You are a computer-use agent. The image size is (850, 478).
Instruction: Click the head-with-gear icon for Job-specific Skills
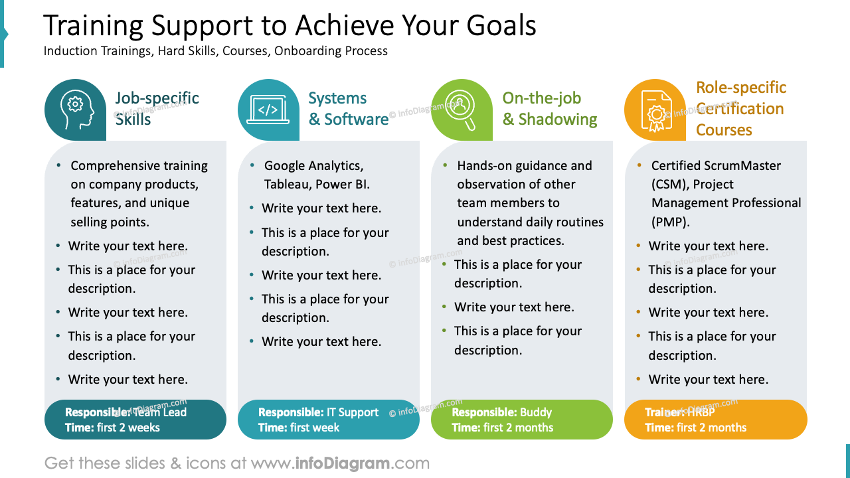(x=75, y=110)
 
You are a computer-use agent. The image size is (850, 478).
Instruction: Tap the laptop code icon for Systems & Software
(x=268, y=110)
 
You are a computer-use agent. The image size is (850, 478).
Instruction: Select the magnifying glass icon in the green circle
(x=461, y=109)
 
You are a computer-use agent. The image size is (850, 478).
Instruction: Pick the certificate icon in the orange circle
(x=654, y=110)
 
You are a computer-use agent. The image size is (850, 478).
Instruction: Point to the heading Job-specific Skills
(x=157, y=108)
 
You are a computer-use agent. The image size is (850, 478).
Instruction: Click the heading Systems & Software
(x=349, y=108)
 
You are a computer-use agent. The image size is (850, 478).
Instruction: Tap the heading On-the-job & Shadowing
(x=550, y=108)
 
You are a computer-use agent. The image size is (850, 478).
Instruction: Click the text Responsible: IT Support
(x=318, y=412)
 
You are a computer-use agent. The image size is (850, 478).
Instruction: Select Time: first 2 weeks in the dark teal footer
(x=112, y=428)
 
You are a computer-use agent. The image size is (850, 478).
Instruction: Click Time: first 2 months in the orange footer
(x=695, y=428)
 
